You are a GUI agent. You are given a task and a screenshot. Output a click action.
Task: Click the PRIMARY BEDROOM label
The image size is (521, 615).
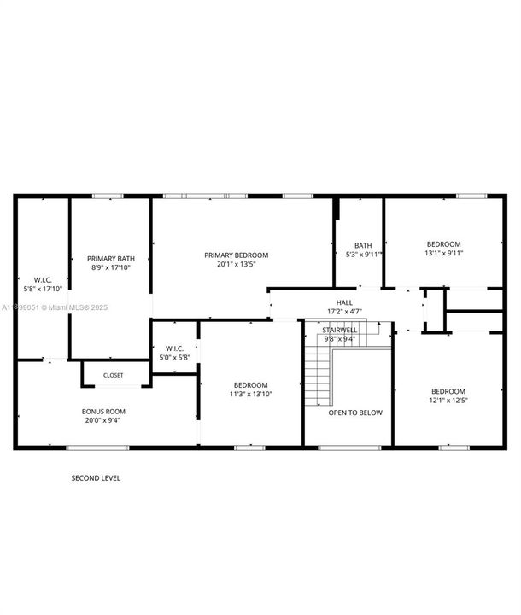coord(236,255)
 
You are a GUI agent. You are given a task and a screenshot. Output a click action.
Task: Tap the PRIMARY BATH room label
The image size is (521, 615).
coord(111,258)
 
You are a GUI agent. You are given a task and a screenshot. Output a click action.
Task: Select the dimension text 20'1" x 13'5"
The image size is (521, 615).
coord(236,264)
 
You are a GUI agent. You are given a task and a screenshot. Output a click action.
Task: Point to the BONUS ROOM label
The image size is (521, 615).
coord(103,412)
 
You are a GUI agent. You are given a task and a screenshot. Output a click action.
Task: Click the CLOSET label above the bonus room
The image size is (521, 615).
coord(113,375)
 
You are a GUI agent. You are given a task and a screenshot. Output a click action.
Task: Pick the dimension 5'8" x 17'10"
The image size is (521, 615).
coord(43,289)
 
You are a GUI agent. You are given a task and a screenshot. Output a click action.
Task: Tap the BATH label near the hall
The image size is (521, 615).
coord(364,245)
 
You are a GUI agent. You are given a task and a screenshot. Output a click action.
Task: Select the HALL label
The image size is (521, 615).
coord(344,302)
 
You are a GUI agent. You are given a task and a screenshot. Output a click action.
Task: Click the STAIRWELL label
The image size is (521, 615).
coord(339,330)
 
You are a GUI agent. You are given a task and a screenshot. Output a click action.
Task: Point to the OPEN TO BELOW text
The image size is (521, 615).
coord(355,413)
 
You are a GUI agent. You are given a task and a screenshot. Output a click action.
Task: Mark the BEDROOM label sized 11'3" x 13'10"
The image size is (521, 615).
coord(251,385)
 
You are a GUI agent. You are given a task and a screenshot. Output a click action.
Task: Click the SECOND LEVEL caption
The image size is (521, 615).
coord(96,478)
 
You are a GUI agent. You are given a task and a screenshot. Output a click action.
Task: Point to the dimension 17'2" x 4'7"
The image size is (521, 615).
coord(344,312)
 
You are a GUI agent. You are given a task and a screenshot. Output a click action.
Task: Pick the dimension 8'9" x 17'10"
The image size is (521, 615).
coord(111,267)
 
